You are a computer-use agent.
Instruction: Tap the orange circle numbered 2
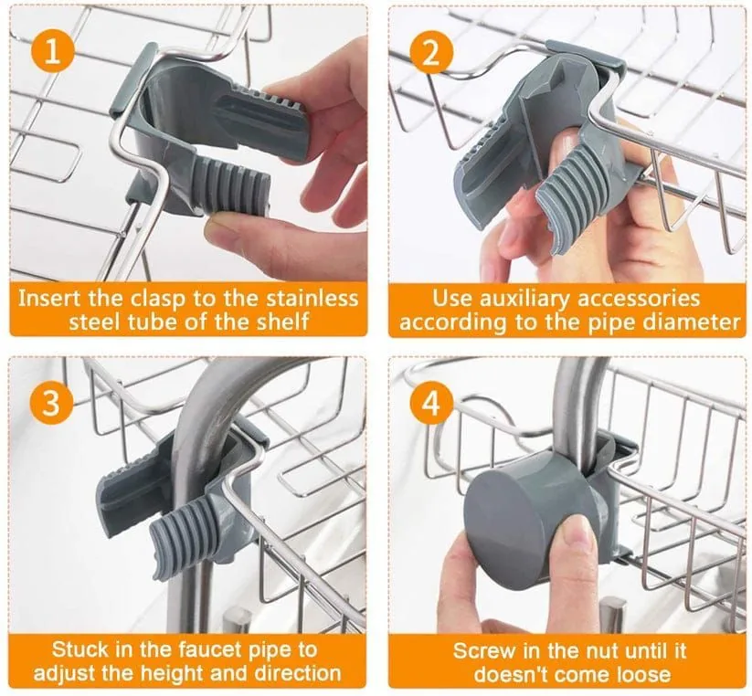pos(430,50)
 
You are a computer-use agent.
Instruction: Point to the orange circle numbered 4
pos(430,401)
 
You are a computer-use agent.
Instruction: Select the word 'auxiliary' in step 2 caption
pos(532,298)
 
